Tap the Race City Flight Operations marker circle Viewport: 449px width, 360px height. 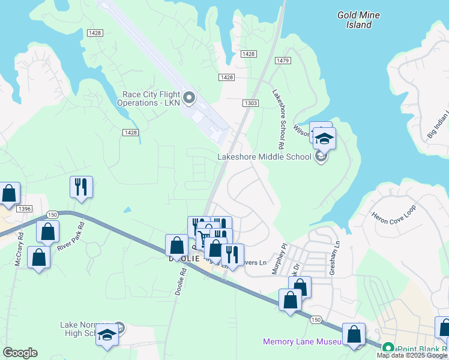(190, 97)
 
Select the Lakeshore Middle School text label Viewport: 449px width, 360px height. (264, 157)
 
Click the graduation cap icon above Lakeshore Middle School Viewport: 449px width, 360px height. (324, 139)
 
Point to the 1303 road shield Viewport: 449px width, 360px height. (252, 103)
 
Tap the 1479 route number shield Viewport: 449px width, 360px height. (283, 61)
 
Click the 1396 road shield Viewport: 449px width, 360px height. (25, 209)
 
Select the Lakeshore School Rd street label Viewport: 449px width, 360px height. (278, 119)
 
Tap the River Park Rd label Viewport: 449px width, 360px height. (70, 238)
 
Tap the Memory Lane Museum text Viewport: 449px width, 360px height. (302, 341)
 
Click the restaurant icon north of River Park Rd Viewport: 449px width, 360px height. (80, 187)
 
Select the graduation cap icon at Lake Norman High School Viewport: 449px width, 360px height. (108, 334)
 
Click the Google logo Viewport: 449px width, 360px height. (20, 353)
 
